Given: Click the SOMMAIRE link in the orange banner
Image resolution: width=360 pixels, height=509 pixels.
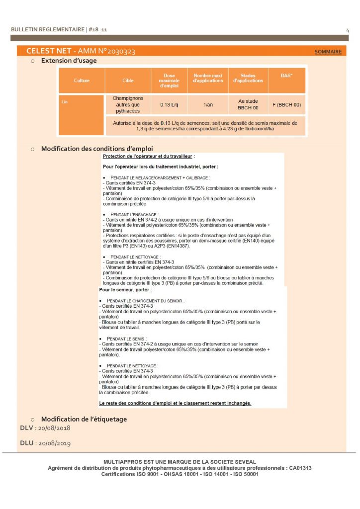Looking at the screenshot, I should click(x=328, y=52).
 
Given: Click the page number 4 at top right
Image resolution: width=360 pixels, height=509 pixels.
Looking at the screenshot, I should click(x=347, y=30).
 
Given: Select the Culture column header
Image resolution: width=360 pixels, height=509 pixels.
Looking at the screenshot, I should click(x=82, y=81).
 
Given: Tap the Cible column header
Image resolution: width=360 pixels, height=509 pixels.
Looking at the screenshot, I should click(x=128, y=81).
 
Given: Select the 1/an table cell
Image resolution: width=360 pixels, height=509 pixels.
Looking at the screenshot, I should click(x=208, y=105).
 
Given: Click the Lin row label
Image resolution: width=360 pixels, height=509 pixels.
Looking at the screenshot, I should click(x=65, y=102).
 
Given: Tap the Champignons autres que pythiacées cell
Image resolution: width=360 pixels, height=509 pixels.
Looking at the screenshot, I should click(x=128, y=105).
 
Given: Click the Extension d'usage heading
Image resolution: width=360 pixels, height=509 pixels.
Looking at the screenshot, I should click(x=69, y=61).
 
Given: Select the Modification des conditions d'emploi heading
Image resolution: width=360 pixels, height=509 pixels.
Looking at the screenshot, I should click(x=97, y=149).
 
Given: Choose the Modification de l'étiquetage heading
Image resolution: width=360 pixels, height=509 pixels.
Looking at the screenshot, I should click(x=84, y=419).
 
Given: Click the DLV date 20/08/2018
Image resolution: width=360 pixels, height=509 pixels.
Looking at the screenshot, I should click(x=53, y=428).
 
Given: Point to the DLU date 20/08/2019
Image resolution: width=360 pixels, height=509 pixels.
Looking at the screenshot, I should click(x=53, y=443).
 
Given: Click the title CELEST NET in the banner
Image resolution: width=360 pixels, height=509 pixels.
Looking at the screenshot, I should click(x=48, y=51).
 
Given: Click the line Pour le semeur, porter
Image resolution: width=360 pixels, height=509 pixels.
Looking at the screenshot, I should click(x=125, y=290).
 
